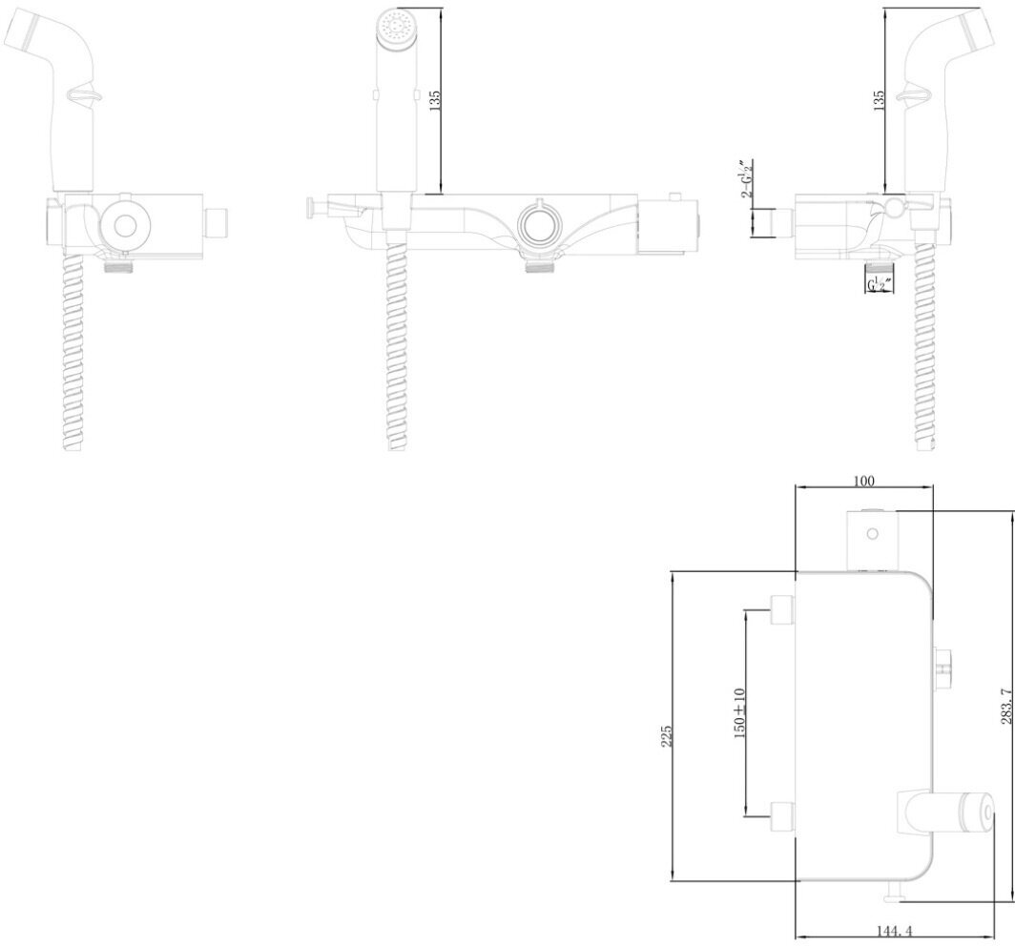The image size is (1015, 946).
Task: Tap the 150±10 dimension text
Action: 739,712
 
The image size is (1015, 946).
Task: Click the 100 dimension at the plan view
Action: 864,481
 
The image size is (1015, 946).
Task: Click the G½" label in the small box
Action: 875,284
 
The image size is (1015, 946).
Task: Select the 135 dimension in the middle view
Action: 436,101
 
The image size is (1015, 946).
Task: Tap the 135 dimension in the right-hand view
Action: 879,99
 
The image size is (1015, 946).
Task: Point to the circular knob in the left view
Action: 123,225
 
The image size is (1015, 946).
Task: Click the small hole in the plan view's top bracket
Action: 871,534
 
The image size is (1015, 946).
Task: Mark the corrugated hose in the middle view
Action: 398,343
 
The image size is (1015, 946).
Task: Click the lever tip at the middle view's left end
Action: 311,206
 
